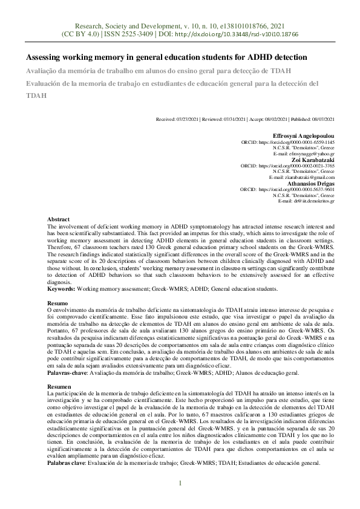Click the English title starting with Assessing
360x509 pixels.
coord(166,57)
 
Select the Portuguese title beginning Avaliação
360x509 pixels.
coord(154,71)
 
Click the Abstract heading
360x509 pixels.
coord(58,219)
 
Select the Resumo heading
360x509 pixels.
coord(57,303)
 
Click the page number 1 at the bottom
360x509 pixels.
coord(180,482)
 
